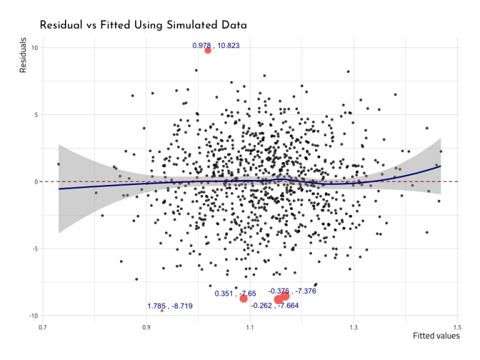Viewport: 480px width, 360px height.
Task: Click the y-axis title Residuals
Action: (x=23, y=55)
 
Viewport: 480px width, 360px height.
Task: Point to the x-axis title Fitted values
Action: (x=436, y=336)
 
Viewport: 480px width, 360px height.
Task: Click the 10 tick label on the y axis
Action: (x=34, y=48)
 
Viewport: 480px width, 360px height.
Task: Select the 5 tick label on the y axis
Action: (x=36, y=115)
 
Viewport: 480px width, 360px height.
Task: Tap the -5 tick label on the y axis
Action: (x=35, y=249)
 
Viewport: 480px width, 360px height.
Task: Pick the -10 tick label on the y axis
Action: (x=34, y=316)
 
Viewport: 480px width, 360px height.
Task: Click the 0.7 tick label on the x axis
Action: (x=42, y=327)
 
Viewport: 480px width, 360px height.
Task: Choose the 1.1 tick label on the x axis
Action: (x=249, y=327)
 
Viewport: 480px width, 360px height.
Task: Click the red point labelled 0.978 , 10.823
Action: (x=208, y=50)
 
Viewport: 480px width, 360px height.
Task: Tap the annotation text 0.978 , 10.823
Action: (x=216, y=46)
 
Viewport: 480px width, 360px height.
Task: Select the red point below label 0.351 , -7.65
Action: (x=244, y=298)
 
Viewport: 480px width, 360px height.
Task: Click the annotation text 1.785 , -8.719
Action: (x=170, y=306)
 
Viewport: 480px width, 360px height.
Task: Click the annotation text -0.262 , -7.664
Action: (x=274, y=306)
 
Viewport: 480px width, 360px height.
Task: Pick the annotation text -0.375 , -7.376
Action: (x=292, y=291)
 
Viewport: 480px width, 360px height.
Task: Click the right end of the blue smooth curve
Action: (x=441, y=166)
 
